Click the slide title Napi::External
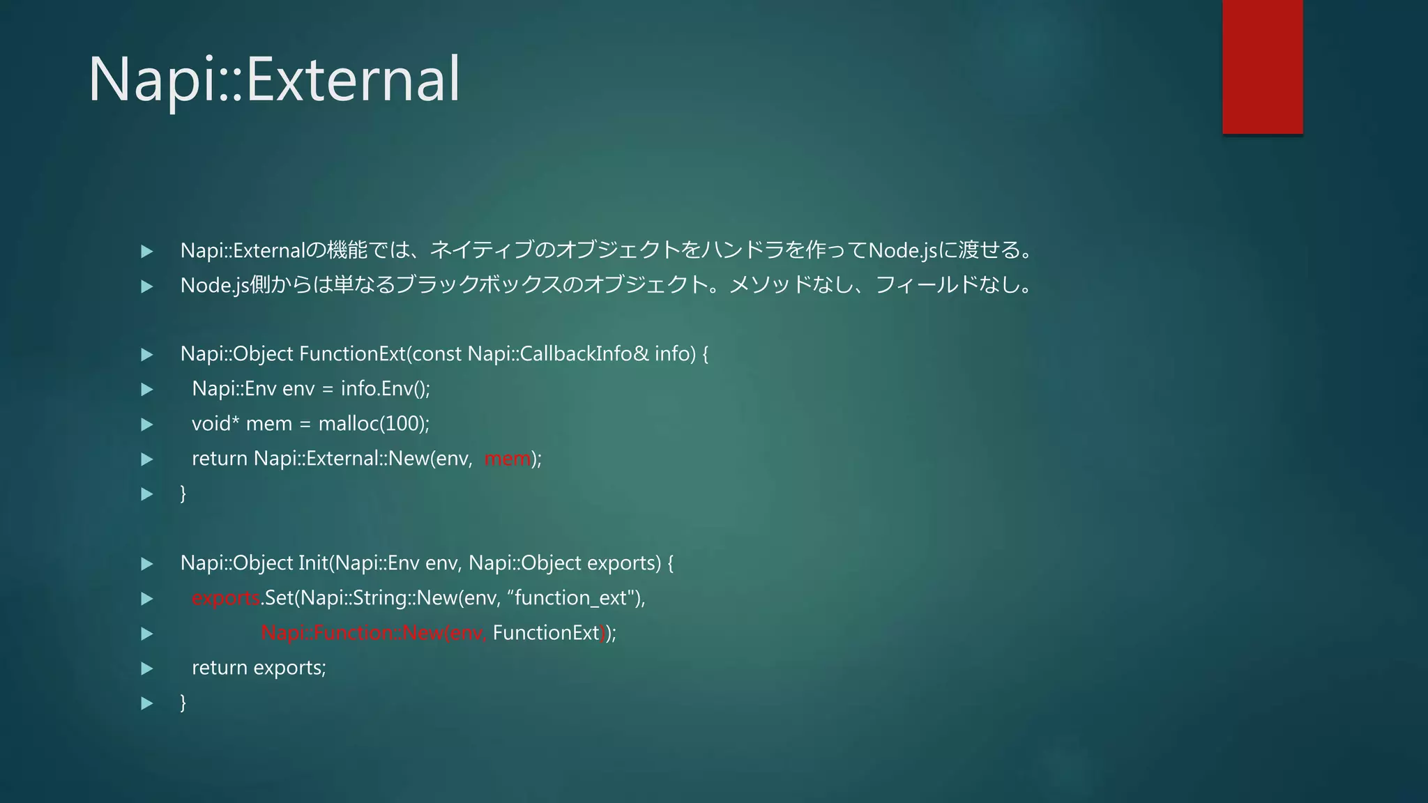pyautogui.click(x=273, y=78)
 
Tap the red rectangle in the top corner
pyautogui.click(x=1262, y=66)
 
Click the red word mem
pyautogui.click(x=507, y=459)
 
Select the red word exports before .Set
pyautogui.click(x=225, y=598)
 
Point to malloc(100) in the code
pyautogui.click(x=373, y=424)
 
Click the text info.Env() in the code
pyautogui.click(x=384, y=389)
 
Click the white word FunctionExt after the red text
pyautogui.click(x=545, y=633)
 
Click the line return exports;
pyautogui.click(x=259, y=668)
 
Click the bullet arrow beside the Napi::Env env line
pyautogui.click(x=147, y=390)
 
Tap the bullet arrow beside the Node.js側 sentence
pyautogui.click(x=147, y=286)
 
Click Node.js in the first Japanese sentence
pyautogui.click(x=903, y=250)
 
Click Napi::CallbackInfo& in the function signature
pyautogui.click(x=559, y=354)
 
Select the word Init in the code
pyautogui.click(x=312, y=563)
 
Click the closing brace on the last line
pyautogui.click(x=183, y=702)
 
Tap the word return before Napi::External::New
pyautogui.click(x=220, y=459)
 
